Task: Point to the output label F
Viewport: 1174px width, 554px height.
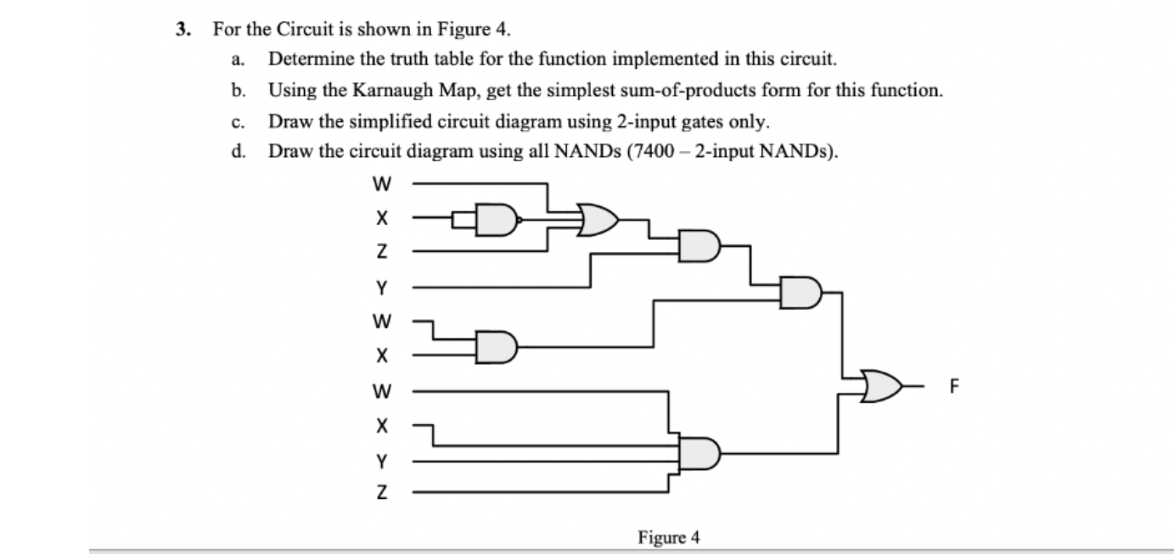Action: [x=954, y=388]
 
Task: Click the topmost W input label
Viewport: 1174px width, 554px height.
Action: [x=382, y=182]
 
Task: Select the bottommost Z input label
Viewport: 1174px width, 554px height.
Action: [x=382, y=493]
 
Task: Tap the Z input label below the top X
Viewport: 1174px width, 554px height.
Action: [x=382, y=252]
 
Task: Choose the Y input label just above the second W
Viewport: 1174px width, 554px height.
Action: [x=382, y=288]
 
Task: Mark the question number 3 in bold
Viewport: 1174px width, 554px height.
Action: [x=181, y=30]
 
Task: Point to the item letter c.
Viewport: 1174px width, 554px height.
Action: [x=242, y=121]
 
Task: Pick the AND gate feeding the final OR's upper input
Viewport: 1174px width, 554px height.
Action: [x=801, y=293]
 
